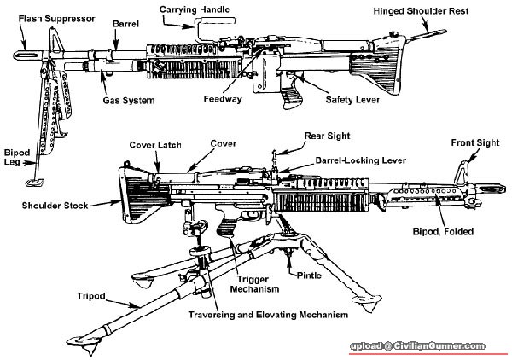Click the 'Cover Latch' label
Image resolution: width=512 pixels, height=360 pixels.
154,145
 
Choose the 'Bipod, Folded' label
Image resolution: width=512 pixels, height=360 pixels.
462,231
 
